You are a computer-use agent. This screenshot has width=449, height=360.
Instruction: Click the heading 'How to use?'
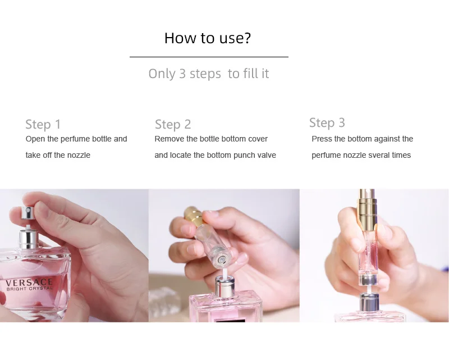click(x=207, y=38)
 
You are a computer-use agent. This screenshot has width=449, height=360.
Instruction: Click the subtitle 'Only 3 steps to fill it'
click(x=208, y=74)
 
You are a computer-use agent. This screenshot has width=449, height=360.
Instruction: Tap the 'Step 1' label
click(x=43, y=124)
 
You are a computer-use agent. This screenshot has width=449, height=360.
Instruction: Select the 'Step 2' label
click(x=173, y=124)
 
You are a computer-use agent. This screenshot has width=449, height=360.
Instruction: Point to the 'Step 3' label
click(x=327, y=122)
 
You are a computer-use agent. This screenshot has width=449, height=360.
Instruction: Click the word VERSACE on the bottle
click(x=29, y=282)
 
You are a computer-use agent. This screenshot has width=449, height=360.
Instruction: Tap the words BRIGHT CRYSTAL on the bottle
click(x=29, y=289)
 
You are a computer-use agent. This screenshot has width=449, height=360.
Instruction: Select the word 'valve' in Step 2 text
click(x=265, y=155)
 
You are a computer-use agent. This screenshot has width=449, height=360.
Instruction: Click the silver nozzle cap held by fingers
click(x=25, y=213)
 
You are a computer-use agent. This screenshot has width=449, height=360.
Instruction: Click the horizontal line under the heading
click(x=208, y=57)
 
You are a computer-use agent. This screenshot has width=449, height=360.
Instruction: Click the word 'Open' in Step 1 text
click(x=35, y=139)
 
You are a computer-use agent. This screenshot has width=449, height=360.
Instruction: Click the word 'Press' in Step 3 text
click(x=322, y=139)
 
